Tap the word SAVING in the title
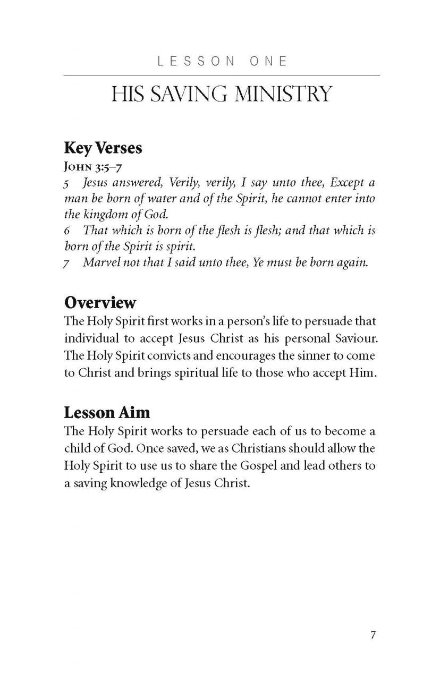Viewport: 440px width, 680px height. tap(183, 95)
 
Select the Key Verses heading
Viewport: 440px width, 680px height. tap(103, 148)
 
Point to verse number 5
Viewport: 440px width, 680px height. tap(67, 183)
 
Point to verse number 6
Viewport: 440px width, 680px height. tap(67, 231)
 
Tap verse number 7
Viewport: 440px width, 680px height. tap(67, 263)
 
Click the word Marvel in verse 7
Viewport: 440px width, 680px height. tap(100, 263)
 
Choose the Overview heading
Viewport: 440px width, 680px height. tap(100, 303)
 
